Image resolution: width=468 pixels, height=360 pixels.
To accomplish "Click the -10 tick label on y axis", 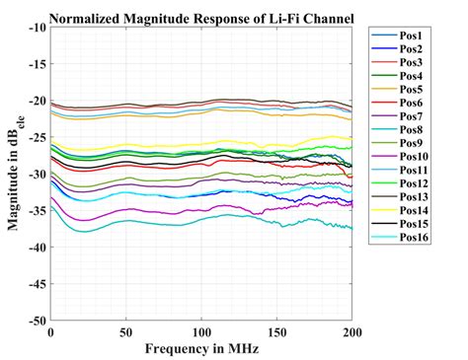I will point(35,28).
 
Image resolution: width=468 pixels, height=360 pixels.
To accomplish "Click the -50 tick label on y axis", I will point(35,321).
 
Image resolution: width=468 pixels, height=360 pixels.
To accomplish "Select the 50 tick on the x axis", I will point(125,333).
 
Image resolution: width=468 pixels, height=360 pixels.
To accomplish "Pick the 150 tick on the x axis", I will point(276,333).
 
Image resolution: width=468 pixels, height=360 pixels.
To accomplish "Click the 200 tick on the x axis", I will point(351,333).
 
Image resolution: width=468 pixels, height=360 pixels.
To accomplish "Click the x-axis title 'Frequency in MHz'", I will point(201,349).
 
